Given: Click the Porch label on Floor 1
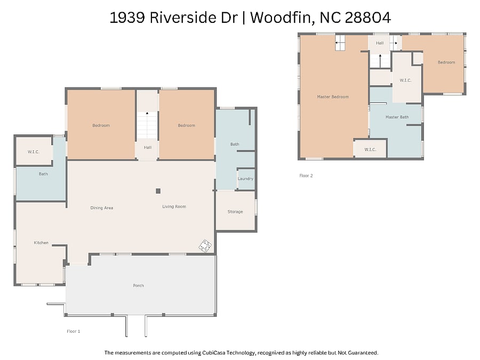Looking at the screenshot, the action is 138,285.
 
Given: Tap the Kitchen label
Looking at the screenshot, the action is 41,243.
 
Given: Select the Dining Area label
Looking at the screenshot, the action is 102,207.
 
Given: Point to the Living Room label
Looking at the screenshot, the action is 174,206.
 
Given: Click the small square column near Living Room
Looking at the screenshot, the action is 158,191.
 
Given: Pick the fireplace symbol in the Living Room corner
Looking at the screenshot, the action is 205,246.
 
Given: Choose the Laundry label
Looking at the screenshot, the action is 245,179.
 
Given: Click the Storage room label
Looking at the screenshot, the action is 235,212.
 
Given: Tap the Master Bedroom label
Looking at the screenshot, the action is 333,97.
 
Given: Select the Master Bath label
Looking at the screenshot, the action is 397,117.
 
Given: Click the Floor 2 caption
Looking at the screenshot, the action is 306,175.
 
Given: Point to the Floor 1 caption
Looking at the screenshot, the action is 74,331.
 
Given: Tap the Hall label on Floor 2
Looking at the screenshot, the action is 380,43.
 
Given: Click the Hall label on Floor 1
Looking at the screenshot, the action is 148,147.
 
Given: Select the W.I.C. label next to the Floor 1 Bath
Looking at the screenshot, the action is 34,152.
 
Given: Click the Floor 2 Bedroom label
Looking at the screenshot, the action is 446,62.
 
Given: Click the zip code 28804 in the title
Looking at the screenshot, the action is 368,18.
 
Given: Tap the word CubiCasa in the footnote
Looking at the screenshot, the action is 214,353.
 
